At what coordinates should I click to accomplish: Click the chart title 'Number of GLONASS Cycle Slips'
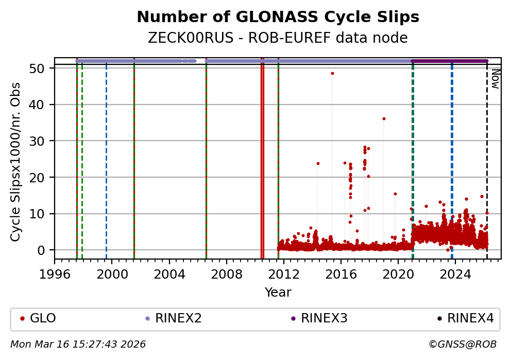(x=278, y=18)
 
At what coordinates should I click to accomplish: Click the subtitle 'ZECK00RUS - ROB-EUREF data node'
(x=278, y=38)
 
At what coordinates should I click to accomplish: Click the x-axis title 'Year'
(x=278, y=293)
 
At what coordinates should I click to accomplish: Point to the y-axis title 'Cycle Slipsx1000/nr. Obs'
(x=16, y=162)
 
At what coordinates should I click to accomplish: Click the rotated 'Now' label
(x=495, y=78)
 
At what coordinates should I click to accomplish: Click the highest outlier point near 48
(x=332, y=73)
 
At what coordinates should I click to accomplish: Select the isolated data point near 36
(x=384, y=118)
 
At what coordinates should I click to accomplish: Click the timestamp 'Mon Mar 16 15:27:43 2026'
(x=78, y=344)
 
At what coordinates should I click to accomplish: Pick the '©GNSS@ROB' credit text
(x=462, y=344)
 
